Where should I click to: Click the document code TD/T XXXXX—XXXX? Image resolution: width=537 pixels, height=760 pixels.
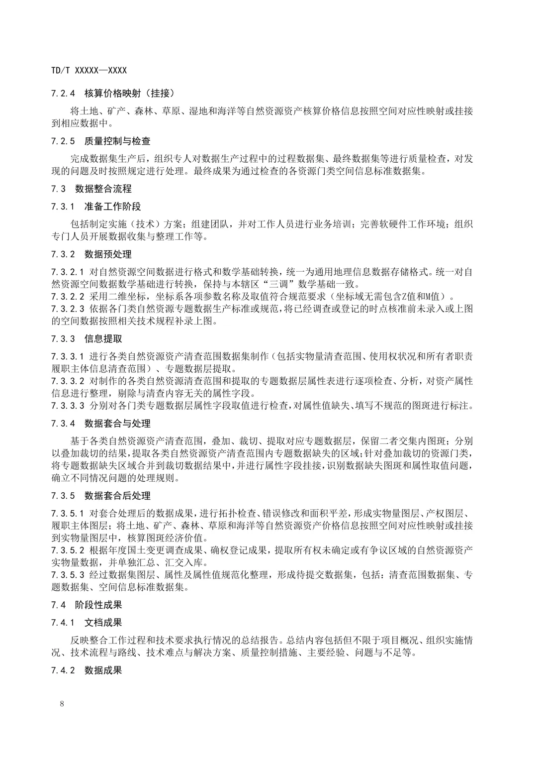[x=89, y=71]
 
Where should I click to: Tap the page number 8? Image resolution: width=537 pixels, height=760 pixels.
[x=62, y=703]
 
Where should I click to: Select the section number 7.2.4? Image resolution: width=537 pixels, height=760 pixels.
[x=63, y=93]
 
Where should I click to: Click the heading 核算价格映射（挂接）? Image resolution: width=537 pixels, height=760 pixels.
[x=130, y=93]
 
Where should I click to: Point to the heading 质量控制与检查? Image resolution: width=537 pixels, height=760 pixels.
[x=117, y=141]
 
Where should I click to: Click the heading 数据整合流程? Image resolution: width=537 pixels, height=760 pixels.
[x=103, y=189]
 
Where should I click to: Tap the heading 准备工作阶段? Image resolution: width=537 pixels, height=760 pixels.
[x=113, y=207]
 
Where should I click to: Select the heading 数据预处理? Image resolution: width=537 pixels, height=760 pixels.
[x=108, y=254]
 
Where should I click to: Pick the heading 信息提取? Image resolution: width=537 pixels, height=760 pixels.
[x=103, y=339]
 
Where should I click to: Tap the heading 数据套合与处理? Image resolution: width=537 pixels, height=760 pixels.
[x=117, y=424]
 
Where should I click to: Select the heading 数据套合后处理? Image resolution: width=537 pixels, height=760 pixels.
[x=117, y=496]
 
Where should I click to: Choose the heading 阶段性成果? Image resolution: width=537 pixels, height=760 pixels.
[x=98, y=605]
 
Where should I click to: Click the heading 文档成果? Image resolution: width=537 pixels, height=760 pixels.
[x=103, y=623]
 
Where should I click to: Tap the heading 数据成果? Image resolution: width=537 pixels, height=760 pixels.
[x=103, y=670]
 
